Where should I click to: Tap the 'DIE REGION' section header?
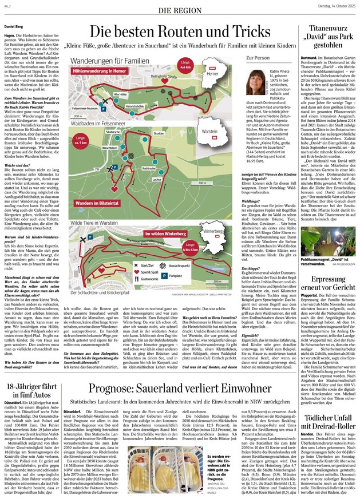coord(180,11)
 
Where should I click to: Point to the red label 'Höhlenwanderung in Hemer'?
coord(100,71)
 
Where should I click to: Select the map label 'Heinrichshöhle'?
coord(135,106)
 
